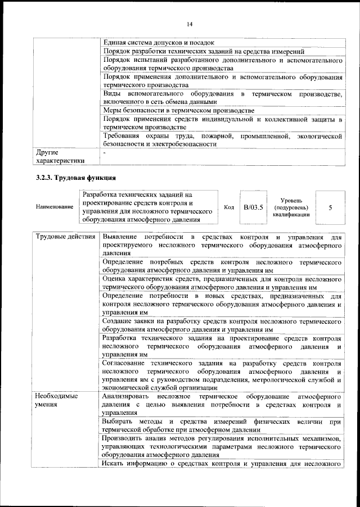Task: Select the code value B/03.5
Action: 253,207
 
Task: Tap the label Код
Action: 229,207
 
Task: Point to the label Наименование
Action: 54,207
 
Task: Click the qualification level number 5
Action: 330,207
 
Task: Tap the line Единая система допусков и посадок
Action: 159,43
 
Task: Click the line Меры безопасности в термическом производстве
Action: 179,110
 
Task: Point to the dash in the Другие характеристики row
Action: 105,152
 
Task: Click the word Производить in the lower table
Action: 126,438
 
